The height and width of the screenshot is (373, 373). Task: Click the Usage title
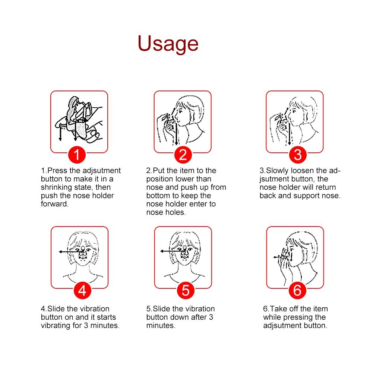(168, 44)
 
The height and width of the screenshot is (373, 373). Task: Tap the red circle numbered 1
(76, 154)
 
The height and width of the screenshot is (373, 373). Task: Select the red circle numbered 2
(183, 154)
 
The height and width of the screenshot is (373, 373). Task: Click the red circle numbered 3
(297, 154)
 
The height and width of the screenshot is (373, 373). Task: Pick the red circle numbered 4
(82, 290)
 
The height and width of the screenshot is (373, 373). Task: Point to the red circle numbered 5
(186, 290)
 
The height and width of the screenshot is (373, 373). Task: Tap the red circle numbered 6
(297, 290)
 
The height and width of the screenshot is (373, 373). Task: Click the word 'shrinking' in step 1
(56, 187)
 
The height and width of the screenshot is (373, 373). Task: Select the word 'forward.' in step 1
(55, 204)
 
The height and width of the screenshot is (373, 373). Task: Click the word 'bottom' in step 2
(158, 196)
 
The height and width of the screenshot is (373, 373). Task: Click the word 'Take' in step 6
(278, 309)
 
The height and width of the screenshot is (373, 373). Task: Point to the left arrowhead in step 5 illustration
(162, 252)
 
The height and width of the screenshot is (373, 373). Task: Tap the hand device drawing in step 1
(78, 117)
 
